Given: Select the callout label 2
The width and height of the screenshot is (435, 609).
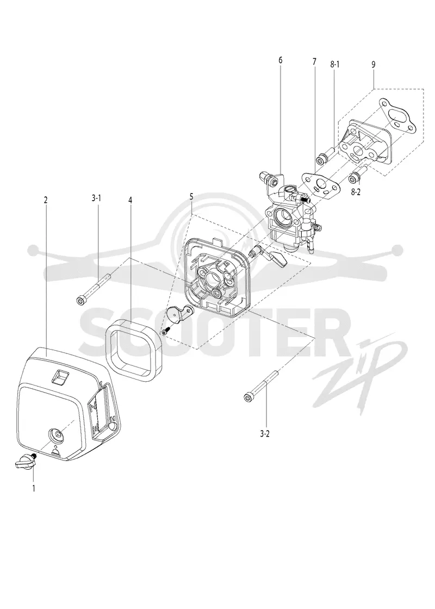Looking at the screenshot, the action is pyautogui.click(x=46, y=200).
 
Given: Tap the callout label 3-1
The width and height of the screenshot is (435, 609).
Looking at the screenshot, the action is pyautogui.click(x=96, y=198).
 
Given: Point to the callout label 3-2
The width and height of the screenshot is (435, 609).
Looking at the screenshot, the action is pyautogui.click(x=264, y=434).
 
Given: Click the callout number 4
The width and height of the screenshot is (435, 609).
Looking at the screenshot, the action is pyautogui.click(x=130, y=200).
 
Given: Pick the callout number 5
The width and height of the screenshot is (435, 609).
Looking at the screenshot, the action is pyautogui.click(x=191, y=196).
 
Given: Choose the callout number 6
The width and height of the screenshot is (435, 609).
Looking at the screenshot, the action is pyautogui.click(x=281, y=60).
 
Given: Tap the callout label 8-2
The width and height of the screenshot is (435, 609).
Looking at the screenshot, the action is pyautogui.click(x=356, y=192).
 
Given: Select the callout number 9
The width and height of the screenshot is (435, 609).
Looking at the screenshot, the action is pyautogui.click(x=373, y=65).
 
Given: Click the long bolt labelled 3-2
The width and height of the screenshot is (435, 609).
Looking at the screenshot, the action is pyautogui.click(x=260, y=385).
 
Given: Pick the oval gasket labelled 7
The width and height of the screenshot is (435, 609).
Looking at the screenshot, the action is pyautogui.click(x=321, y=182).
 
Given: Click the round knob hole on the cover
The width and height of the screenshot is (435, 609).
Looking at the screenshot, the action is pyautogui.click(x=57, y=434).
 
